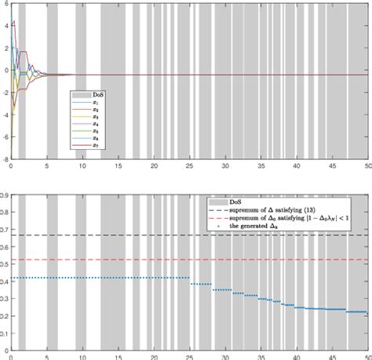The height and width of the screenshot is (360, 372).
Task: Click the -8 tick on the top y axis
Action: (x=5, y=157)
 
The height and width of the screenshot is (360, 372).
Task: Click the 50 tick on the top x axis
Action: (x=367, y=166)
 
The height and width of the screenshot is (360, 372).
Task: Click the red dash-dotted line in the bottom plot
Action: (x=157, y=260)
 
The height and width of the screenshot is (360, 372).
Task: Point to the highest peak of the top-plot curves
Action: (x=13, y=21)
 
